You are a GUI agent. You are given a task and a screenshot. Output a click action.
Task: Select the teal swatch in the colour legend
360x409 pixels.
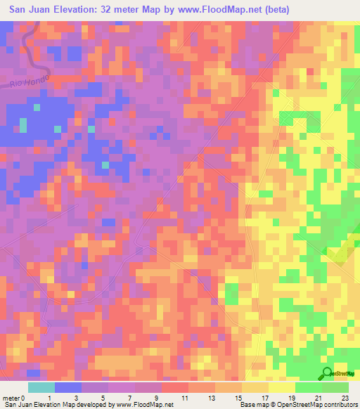click(x=41, y=387)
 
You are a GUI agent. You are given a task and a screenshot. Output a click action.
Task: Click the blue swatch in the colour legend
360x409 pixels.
click(x=67, y=387)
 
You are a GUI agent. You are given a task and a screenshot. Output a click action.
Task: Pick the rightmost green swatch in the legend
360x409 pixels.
click(x=335, y=387)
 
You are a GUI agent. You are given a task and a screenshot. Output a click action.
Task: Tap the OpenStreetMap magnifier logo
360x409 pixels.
click(x=328, y=373)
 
